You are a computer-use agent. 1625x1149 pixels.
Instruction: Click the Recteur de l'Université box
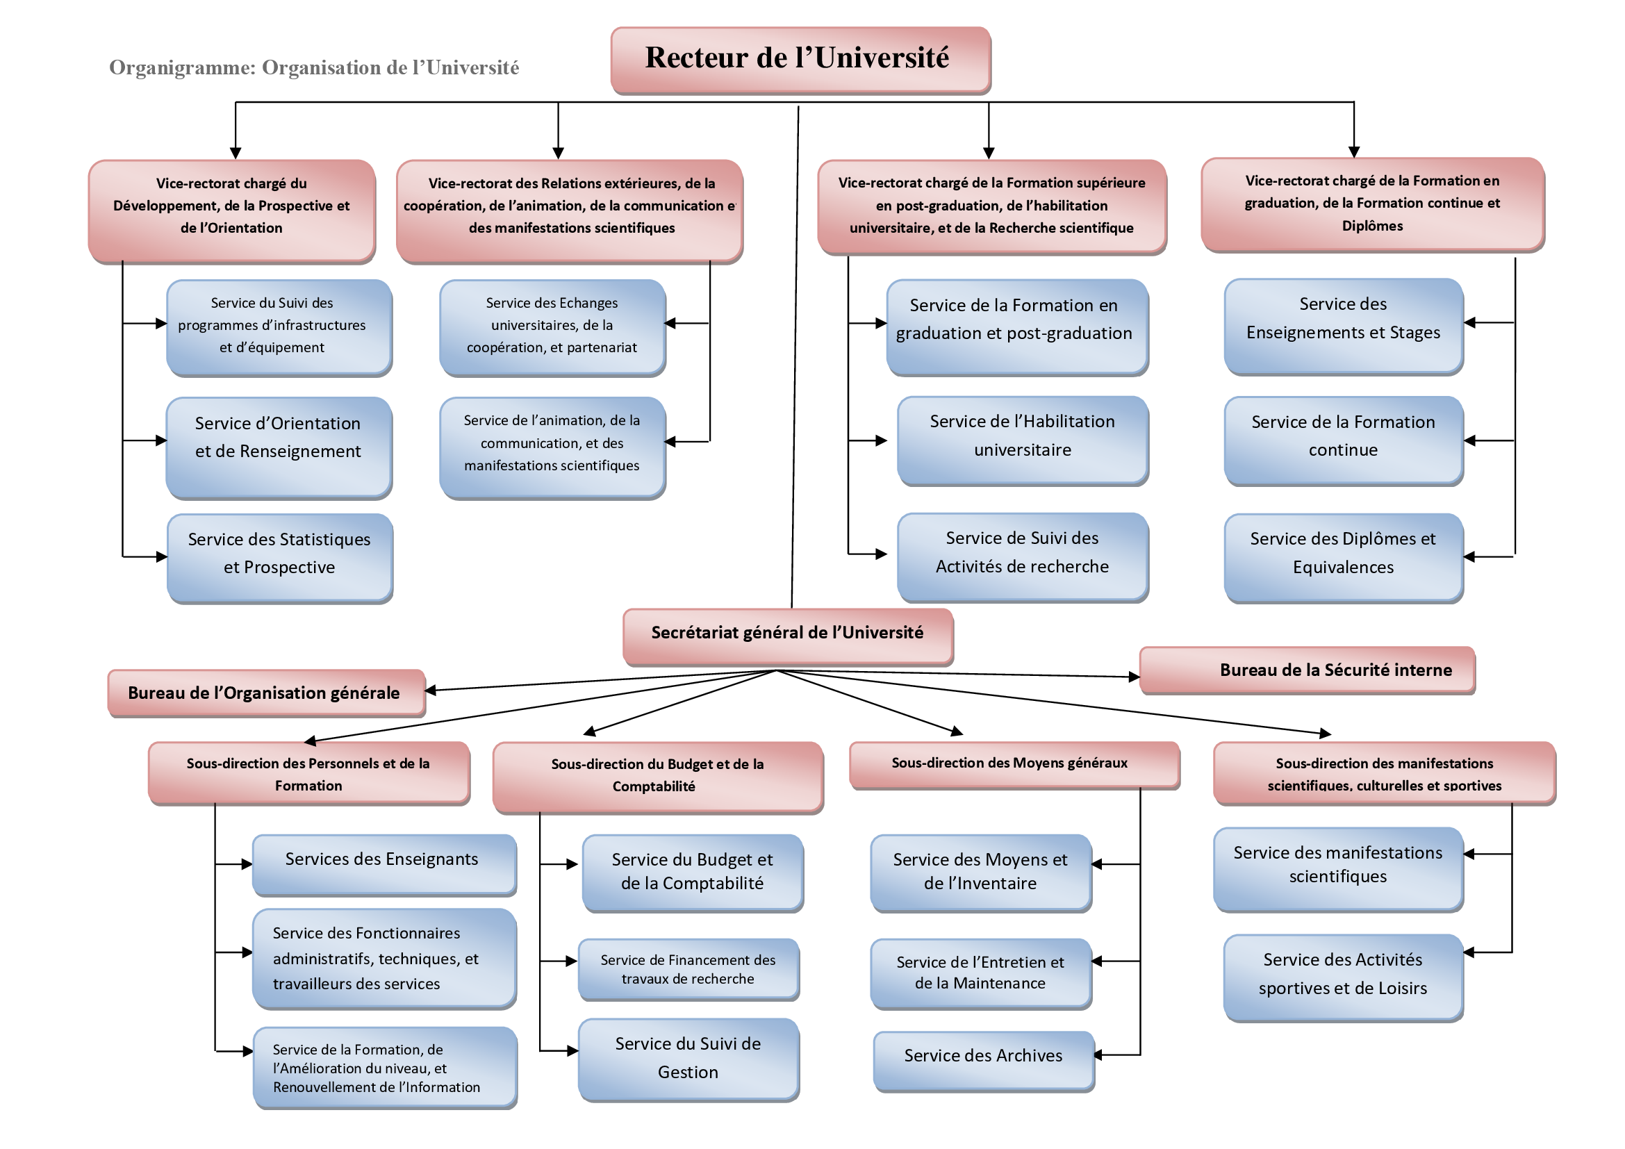[x=800, y=60]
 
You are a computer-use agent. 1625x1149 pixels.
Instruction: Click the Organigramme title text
[x=313, y=68]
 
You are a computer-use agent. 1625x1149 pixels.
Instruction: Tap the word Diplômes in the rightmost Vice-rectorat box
[x=1372, y=226]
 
